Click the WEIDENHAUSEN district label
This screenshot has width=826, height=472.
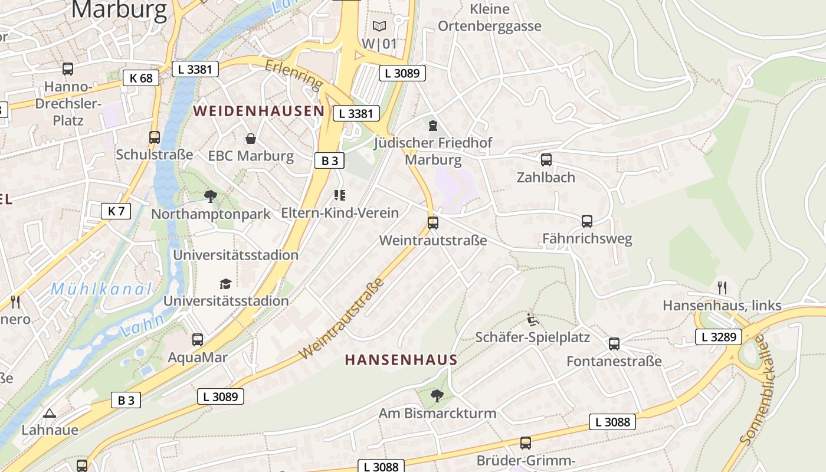[x=258, y=111]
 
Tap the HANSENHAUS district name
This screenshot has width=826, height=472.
[x=401, y=360]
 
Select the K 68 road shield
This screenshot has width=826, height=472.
[x=141, y=78]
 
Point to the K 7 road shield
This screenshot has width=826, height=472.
[x=116, y=211]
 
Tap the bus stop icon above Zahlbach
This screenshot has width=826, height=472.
[x=546, y=159]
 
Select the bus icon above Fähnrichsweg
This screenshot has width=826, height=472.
[x=587, y=221]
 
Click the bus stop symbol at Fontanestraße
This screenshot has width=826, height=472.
[x=614, y=343]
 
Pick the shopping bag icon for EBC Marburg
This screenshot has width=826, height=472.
[x=251, y=139]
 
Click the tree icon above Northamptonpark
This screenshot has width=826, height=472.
[x=210, y=196]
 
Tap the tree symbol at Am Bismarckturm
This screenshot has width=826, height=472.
[x=437, y=395]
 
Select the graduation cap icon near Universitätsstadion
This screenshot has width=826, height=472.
[x=225, y=284]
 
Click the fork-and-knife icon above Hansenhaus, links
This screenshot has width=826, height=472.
[x=722, y=288]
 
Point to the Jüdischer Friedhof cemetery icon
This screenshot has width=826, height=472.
[x=433, y=126]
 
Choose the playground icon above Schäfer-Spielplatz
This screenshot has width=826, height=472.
[x=532, y=320]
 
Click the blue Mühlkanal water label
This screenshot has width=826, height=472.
[x=101, y=289]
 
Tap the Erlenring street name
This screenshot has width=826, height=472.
[x=294, y=75]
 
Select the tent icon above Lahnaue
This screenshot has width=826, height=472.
[x=50, y=413]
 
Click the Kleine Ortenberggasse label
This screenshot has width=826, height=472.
[x=489, y=18]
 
